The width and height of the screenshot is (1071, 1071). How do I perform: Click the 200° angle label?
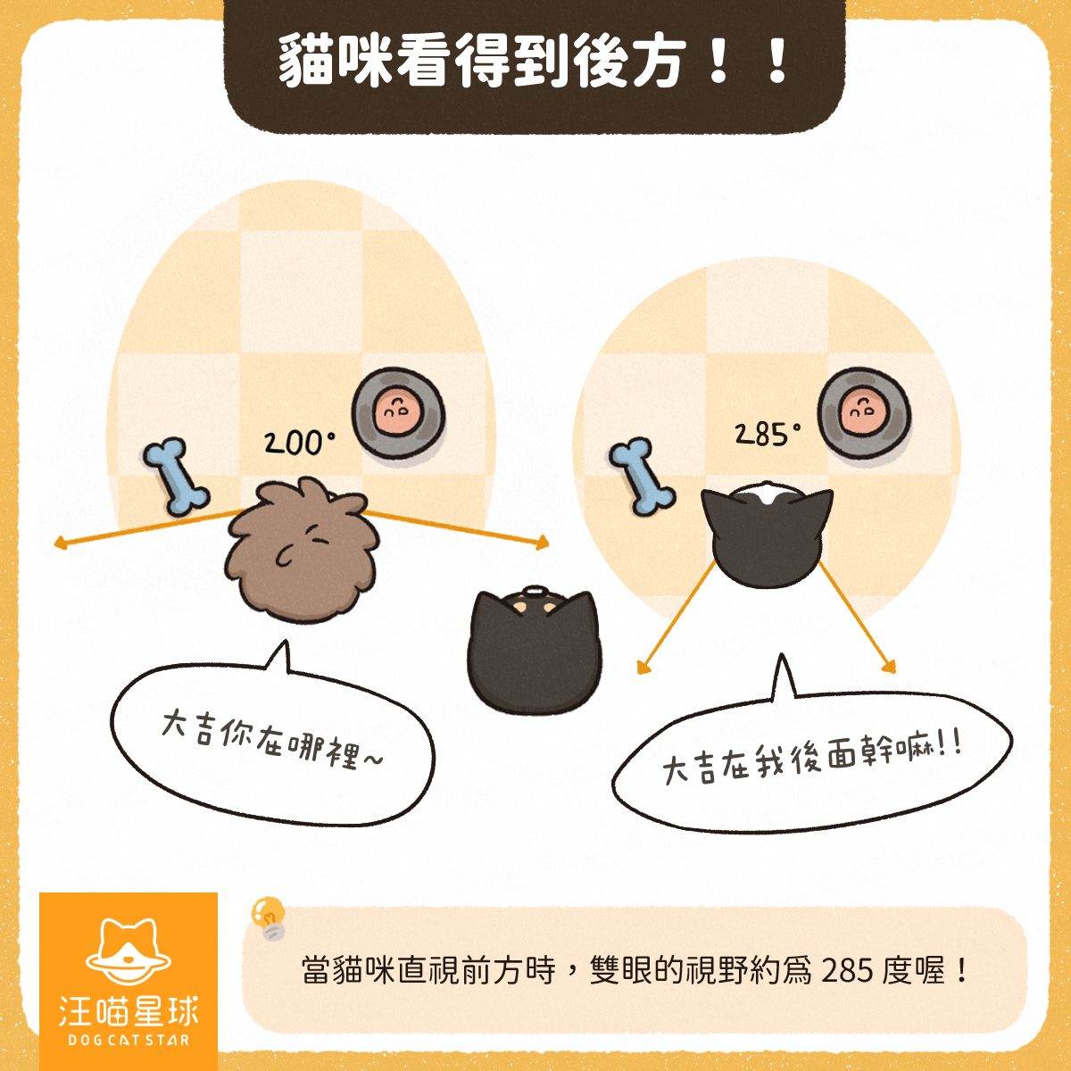point(300,443)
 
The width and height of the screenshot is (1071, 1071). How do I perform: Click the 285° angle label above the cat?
point(767,434)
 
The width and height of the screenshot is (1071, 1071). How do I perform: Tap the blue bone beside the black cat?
point(642,474)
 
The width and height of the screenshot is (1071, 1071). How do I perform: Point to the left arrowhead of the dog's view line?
point(60,544)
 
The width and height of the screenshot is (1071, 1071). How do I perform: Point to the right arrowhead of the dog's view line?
point(543,543)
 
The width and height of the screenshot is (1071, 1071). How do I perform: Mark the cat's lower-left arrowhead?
point(643,668)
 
